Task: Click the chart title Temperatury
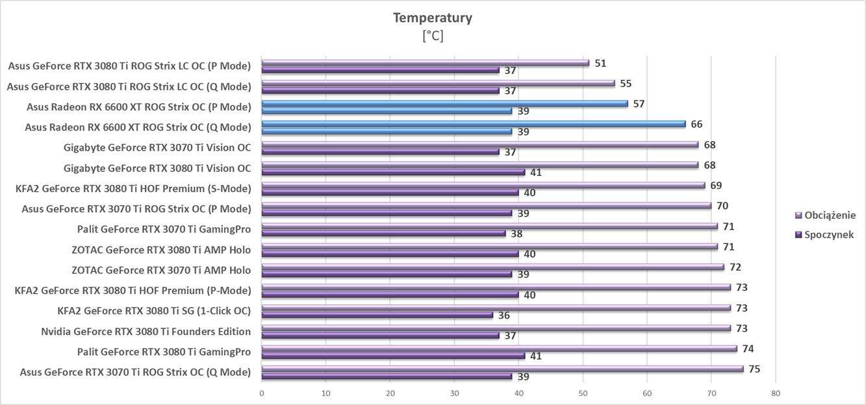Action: click(432, 18)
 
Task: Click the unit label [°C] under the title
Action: click(432, 36)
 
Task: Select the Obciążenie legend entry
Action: click(830, 215)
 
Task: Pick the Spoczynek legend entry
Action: click(828, 235)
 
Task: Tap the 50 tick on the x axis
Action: click(583, 393)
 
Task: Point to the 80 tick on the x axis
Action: click(776, 393)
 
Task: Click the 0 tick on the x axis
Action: click(261, 393)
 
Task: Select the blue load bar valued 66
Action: click(473, 124)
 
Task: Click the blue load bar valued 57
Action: click(444, 103)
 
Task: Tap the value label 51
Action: click(600, 63)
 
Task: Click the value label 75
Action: click(754, 369)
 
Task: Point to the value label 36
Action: click(504, 315)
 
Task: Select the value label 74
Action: click(748, 349)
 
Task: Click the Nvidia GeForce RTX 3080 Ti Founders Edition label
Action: click(146, 332)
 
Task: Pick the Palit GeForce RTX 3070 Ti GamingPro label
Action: click(164, 229)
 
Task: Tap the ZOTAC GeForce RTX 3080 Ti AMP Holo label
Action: click(161, 250)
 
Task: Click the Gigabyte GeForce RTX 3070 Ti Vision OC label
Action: click(157, 148)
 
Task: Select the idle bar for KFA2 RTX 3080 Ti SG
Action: click(377, 315)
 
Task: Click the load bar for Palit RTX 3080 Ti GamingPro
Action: click(499, 349)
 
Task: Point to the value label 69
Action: click(716, 186)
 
